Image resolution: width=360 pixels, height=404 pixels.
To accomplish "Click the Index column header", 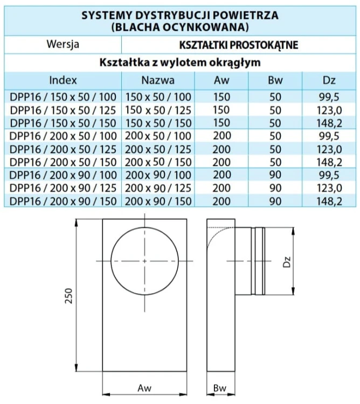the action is (x=63, y=80).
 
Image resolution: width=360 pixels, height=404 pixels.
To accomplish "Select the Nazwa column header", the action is (x=158, y=80).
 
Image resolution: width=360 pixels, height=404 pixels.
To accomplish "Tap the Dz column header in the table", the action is (x=329, y=80).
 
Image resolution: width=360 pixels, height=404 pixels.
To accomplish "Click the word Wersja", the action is (x=63, y=44).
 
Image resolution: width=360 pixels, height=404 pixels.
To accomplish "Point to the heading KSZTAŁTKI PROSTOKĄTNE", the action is (x=239, y=45).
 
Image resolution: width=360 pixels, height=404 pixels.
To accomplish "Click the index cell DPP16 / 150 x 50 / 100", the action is (x=63, y=97).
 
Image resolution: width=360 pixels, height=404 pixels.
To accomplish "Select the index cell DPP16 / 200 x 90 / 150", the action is (x=63, y=201).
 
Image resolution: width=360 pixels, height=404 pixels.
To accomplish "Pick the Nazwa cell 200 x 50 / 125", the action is (x=158, y=149).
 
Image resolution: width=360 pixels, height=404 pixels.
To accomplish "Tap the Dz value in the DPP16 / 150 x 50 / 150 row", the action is (x=329, y=123).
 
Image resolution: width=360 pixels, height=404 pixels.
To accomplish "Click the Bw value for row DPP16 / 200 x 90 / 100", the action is (x=275, y=175).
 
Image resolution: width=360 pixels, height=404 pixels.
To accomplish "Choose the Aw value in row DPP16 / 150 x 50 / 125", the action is (x=221, y=110).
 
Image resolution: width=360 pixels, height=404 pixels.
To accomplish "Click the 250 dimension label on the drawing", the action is (x=69, y=296).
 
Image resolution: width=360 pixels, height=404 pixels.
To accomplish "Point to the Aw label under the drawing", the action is (x=144, y=388).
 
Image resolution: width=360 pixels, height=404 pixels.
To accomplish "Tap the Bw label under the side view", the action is (x=220, y=388).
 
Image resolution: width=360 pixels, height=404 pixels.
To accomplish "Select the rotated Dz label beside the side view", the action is (x=287, y=261).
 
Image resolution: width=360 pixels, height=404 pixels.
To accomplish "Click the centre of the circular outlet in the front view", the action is (x=144, y=261).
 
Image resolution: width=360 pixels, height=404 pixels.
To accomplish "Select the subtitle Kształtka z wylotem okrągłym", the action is (x=180, y=62).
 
